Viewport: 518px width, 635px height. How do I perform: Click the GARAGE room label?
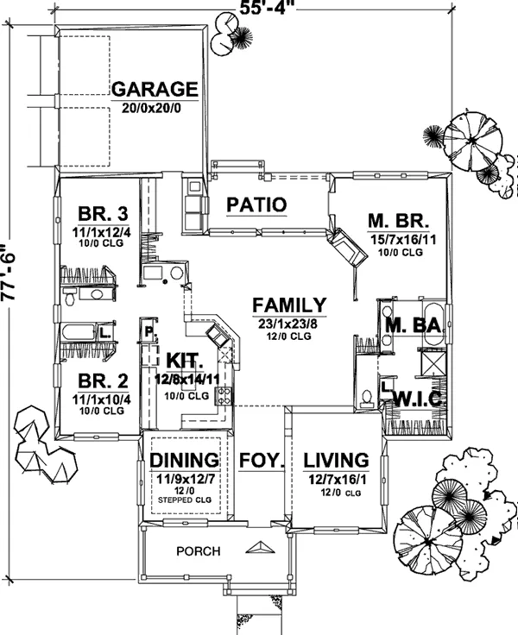pyautogui.click(x=155, y=89)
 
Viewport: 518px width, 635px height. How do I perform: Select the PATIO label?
pyautogui.click(x=256, y=204)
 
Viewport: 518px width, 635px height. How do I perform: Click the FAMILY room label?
pyautogui.click(x=290, y=305)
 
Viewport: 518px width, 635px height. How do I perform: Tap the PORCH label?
pyautogui.click(x=199, y=551)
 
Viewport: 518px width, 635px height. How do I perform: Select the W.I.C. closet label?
pyautogui.click(x=419, y=399)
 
